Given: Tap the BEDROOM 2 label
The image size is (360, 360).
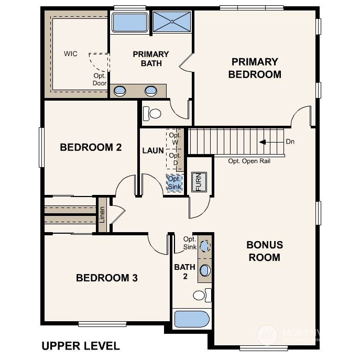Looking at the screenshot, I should [91, 147].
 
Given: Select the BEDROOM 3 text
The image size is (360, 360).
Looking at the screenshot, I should [107, 278].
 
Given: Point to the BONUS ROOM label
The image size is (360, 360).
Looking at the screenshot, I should [265, 251].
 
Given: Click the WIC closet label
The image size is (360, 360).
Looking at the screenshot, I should [71, 54].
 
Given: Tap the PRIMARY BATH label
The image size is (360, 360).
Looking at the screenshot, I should [150, 59].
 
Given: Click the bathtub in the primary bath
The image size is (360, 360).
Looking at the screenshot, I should [130, 23].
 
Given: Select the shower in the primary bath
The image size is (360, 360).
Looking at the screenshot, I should [172, 22].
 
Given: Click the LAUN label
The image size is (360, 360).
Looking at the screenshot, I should [152, 150].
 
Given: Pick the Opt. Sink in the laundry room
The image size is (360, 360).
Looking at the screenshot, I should [174, 183].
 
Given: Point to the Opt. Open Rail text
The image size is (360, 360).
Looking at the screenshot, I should [249, 161].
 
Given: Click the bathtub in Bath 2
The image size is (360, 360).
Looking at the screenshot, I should [191, 319].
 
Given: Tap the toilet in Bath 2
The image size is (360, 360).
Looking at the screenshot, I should [201, 295].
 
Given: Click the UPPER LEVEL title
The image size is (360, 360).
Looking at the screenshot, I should [80, 346].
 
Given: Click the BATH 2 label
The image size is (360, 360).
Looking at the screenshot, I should [184, 271].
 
